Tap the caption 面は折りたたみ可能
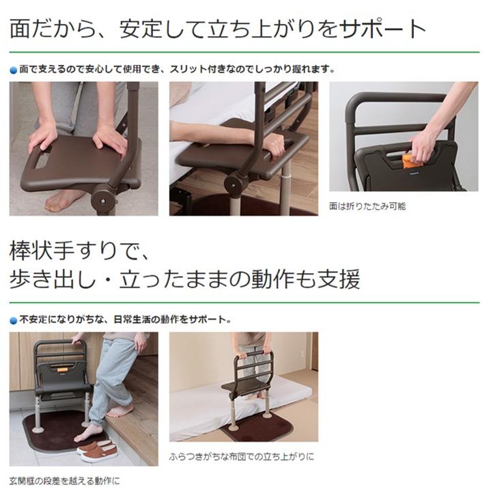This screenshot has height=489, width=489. [367, 206]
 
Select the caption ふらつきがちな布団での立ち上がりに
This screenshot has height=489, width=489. [242, 456]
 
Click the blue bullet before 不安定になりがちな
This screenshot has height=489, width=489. [13, 320]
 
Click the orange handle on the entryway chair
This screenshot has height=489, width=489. [62, 369]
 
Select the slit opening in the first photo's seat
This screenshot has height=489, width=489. [41, 161]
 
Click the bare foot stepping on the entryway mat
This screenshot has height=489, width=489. [89, 432]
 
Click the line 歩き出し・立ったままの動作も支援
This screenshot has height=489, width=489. [184, 279]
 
